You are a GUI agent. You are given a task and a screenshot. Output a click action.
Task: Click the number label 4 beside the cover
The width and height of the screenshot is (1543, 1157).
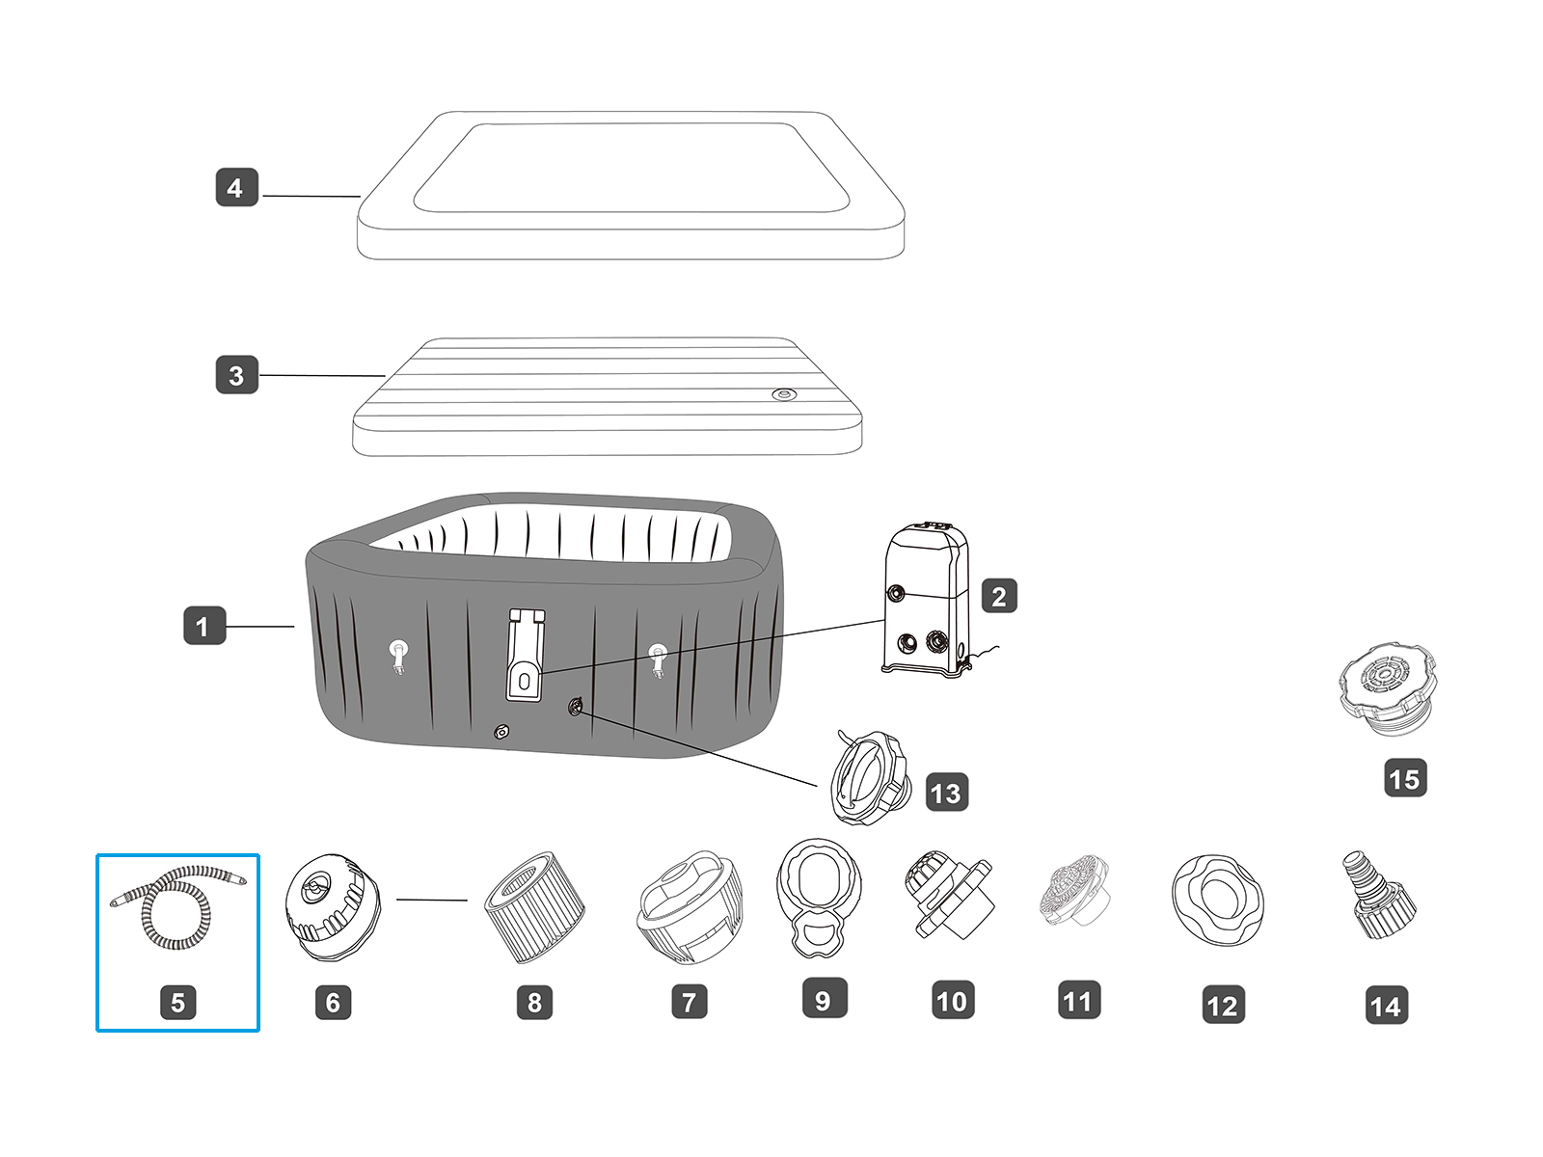(236, 187)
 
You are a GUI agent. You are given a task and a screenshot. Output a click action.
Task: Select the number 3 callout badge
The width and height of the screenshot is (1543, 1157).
(236, 375)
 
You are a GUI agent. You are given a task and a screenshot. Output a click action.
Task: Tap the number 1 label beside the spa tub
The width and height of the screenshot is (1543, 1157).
(203, 626)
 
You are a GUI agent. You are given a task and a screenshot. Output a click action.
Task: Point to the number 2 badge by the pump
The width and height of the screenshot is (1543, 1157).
(999, 596)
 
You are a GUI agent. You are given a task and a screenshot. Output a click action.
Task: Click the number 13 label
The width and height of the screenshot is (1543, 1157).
(946, 793)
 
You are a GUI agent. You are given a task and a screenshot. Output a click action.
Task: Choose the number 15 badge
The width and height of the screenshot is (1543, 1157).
(1404, 778)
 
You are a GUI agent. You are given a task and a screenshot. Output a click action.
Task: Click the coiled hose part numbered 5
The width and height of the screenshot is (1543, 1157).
(178, 906)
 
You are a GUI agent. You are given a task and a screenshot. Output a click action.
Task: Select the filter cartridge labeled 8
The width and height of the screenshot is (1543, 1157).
(535, 906)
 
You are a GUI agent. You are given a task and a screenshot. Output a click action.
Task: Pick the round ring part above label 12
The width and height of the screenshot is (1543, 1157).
(1219, 900)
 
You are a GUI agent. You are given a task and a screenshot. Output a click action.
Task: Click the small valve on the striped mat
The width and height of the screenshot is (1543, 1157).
(785, 394)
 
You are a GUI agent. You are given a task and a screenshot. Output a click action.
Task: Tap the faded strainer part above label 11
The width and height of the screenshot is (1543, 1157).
(1074, 892)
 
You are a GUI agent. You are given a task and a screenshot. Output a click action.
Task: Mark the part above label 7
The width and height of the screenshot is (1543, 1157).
(690, 906)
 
